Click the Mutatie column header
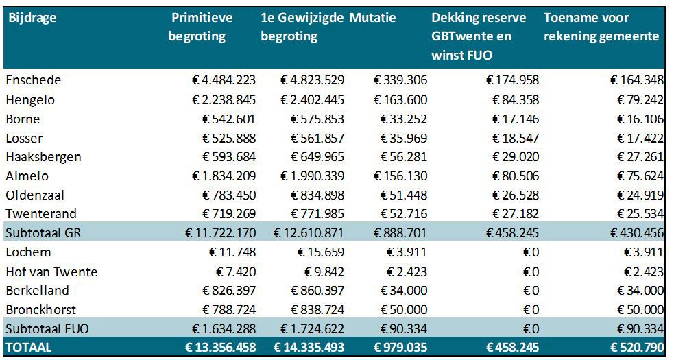[x=372, y=18]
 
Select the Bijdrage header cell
[x=32, y=18]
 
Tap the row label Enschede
[x=34, y=80]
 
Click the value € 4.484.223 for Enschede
[x=224, y=80]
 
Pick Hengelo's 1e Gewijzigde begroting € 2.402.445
[x=312, y=100]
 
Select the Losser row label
[x=24, y=138]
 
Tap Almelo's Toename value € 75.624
[x=637, y=176]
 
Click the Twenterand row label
[x=41, y=214]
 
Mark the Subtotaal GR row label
[x=43, y=233]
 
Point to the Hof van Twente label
[x=51, y=272]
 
